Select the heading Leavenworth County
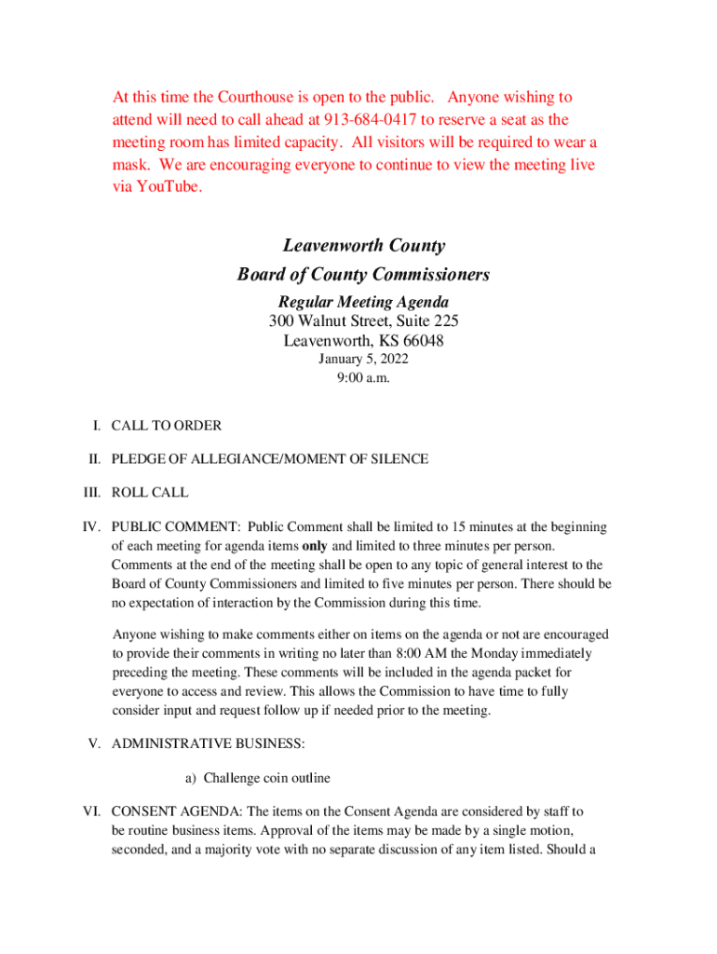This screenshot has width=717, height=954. point(364,246)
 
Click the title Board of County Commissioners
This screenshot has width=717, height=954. point(363,275)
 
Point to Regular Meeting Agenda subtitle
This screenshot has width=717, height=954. point(363,302)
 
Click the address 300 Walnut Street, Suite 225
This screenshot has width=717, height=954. point(363,321)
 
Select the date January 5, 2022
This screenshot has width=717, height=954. point(363,359)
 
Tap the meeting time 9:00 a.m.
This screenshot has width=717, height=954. point(363,378)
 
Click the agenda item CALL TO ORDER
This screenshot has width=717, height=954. point(167,426)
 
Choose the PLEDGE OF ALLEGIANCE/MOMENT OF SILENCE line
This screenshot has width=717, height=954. point(270,459)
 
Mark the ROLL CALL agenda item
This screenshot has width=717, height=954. point(150,493)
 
